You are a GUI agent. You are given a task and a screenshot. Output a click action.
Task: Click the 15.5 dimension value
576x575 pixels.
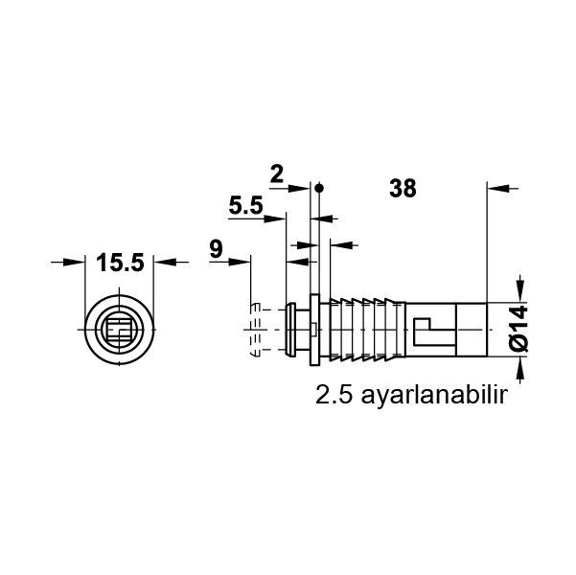(x=119, y=261)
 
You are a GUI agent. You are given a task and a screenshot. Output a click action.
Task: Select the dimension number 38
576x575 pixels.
(x=403, y=189)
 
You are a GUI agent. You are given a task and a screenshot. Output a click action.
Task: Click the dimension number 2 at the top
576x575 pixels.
(x=277, y=173)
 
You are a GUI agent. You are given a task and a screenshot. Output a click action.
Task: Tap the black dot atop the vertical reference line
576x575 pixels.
(x=320, y=187)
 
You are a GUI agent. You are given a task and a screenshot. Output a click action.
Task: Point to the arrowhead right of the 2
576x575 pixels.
(x=307, y=188)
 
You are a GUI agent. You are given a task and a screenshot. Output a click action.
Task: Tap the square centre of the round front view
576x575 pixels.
(x=120, y=332)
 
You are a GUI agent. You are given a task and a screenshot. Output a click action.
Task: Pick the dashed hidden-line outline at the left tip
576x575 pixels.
(x=258, y=330)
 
